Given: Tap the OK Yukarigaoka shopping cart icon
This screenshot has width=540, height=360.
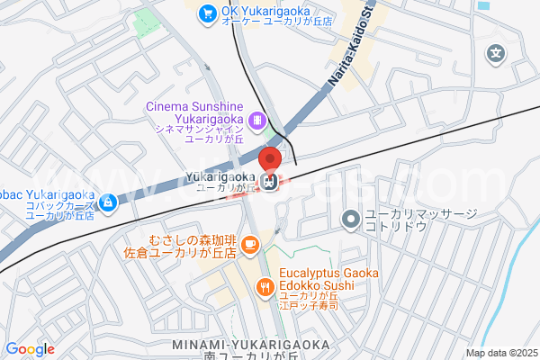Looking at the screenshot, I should click(x=208, y=13).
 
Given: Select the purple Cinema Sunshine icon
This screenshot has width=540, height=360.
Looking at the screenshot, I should click(x=257, y=119).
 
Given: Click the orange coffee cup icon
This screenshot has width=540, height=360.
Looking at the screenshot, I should click(x=250, y=243).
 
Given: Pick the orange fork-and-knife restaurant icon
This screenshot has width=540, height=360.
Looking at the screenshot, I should click(x=265, y=287).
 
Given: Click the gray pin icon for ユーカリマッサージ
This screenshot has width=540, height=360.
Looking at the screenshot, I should click(x=351, y=218).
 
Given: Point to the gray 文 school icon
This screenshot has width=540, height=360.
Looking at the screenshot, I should click(x=495, y=54).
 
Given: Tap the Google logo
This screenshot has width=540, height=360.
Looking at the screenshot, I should click(x=30, y=349).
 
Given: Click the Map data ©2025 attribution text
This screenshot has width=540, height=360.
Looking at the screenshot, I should click(x=500, y=353).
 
